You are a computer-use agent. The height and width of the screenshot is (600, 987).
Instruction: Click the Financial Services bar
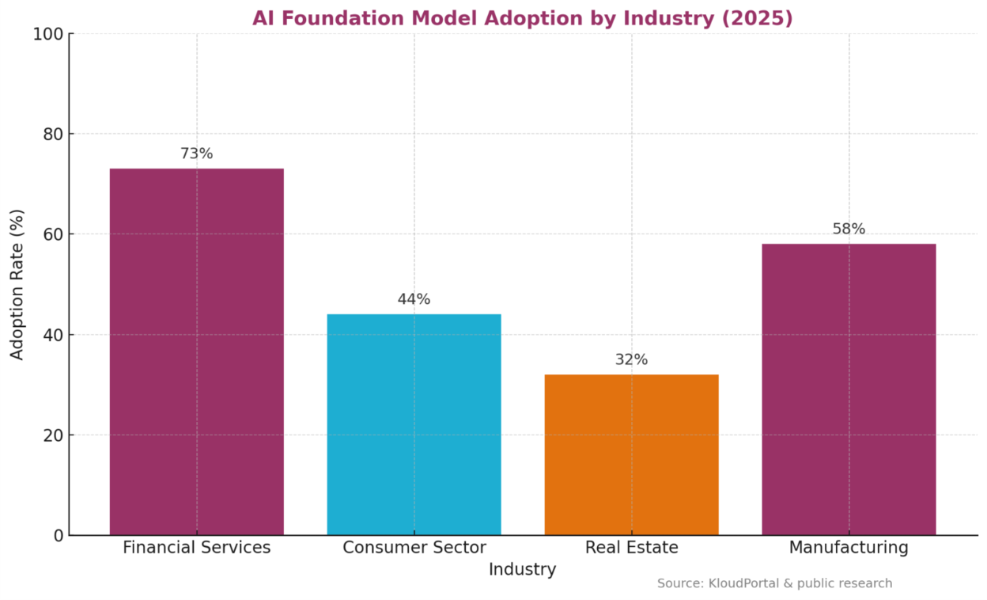pos(196,351)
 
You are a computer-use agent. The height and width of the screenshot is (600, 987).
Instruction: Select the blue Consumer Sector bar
pos(414,424)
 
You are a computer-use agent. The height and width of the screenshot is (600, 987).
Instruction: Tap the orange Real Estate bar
pos(631,454)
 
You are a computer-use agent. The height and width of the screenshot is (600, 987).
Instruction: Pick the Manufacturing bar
pos(849,389)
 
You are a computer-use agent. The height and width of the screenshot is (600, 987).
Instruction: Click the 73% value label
pos(196,154)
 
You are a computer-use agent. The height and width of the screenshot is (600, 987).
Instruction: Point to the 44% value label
pos(414,299)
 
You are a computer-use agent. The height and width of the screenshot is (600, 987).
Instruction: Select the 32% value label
pos(631,359)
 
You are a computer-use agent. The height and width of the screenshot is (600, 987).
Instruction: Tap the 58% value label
pos(849,229)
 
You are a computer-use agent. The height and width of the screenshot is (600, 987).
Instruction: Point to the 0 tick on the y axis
pos(58,536)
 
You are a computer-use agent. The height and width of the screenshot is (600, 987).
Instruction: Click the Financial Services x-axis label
pos(196,548)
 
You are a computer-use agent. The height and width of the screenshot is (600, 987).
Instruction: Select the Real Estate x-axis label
pos(631,548)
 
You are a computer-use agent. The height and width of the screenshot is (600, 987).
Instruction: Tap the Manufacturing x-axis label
pos(849,548)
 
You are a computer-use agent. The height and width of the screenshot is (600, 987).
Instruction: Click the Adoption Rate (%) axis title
pos(17,284)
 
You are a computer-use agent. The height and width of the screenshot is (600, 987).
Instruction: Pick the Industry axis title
pos(522,570)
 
